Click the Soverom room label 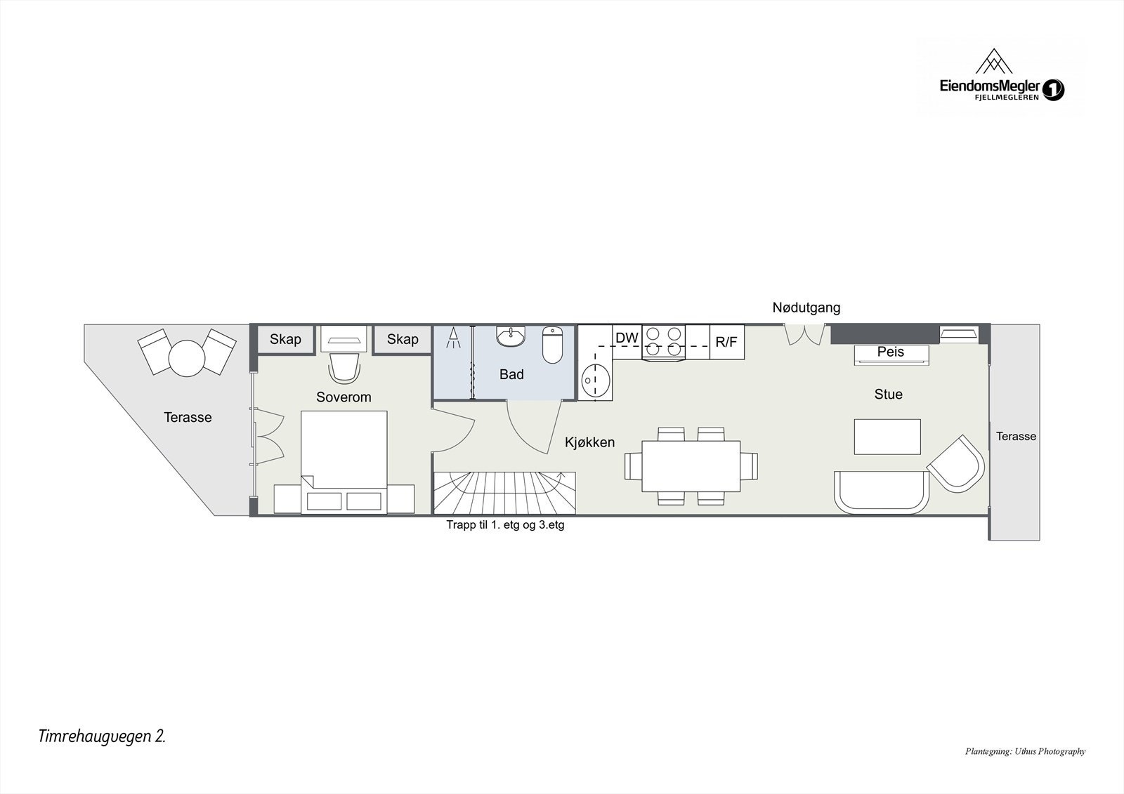pos(344,397)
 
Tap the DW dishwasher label pos(627,338)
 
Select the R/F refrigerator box pos(726,342)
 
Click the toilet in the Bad pos(553,345)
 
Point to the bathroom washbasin pos(511,337)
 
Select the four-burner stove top pos(664,342)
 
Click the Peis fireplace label pos(891,352)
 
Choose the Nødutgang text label pos(806,307)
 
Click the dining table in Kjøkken pos(691,466)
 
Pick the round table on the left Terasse pos(187,357)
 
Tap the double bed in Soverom pos(344,460)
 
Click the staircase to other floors pos(504,492)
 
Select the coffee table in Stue pos(887,437)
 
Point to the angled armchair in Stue pos(956,463)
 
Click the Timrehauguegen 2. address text pos(103,736)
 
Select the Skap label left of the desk pos(285,339)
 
